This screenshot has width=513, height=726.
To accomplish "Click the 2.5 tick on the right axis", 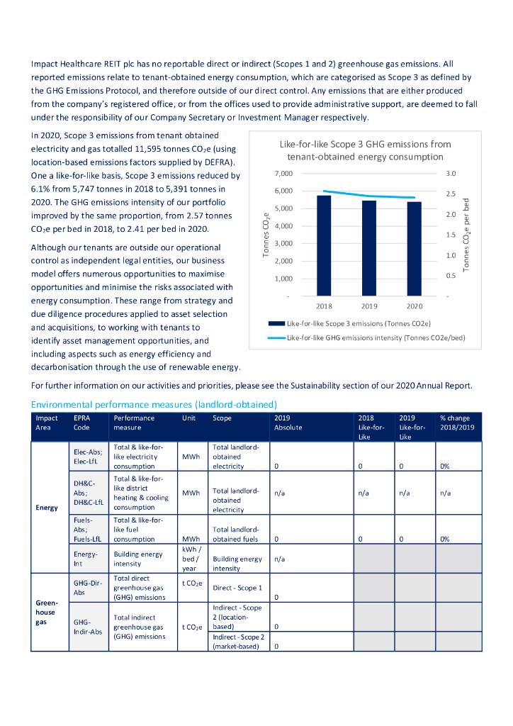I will click(451, 194).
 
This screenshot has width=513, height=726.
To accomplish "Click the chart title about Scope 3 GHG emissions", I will click(365, 150).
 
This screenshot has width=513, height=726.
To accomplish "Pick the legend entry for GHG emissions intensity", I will click(376, 338).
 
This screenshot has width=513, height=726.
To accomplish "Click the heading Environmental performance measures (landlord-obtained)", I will click(153, 404).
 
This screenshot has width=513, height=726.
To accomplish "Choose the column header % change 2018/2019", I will click(455, 423).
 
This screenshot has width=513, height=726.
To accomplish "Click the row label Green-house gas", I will click(45, 612).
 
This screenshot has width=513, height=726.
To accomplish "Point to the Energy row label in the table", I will click(47, 508).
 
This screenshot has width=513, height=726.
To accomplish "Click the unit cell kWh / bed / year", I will click(189, 559).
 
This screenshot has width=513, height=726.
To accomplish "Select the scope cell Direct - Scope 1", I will click(237, 588).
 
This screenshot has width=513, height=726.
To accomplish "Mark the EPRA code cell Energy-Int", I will click(85, 559).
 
